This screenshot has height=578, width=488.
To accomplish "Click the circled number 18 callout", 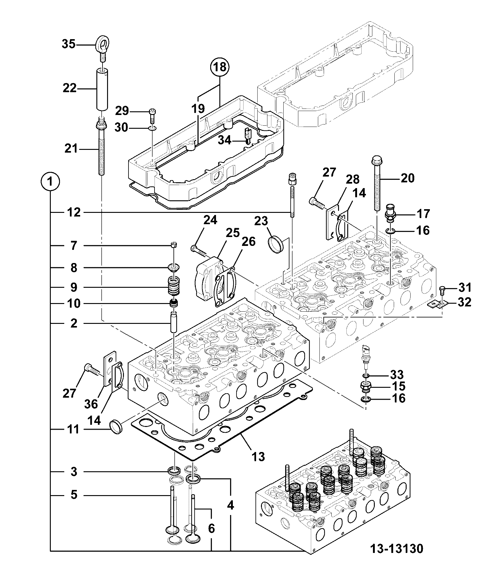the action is tap(220, 67).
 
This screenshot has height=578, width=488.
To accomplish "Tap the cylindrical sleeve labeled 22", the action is tap(102, 90).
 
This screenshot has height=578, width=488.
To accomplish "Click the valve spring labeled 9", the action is tap(174, 286).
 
